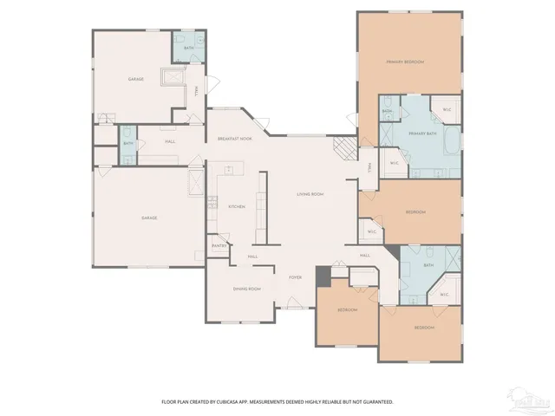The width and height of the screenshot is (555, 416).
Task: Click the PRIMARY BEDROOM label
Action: tap(405, 62)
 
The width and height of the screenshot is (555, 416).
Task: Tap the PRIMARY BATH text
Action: tap(422, 133)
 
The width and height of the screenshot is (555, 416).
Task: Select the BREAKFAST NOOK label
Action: tap(234, 140)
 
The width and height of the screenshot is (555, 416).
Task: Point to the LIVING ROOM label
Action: tap(310, 194)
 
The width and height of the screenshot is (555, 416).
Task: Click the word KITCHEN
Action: tap(237, 206)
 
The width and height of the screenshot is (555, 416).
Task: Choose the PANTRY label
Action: tap(219, 247)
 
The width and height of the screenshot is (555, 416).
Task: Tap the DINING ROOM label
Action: tap(246, 289)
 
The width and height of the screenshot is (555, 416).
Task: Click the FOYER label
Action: tap(295, 276)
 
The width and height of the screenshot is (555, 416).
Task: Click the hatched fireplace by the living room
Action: tap(345, 148)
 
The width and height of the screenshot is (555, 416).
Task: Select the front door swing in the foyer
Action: tap(291, 302)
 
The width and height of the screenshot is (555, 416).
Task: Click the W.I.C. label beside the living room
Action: tap(371, 232)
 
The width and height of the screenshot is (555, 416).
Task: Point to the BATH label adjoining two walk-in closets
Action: tap(428, 265)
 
